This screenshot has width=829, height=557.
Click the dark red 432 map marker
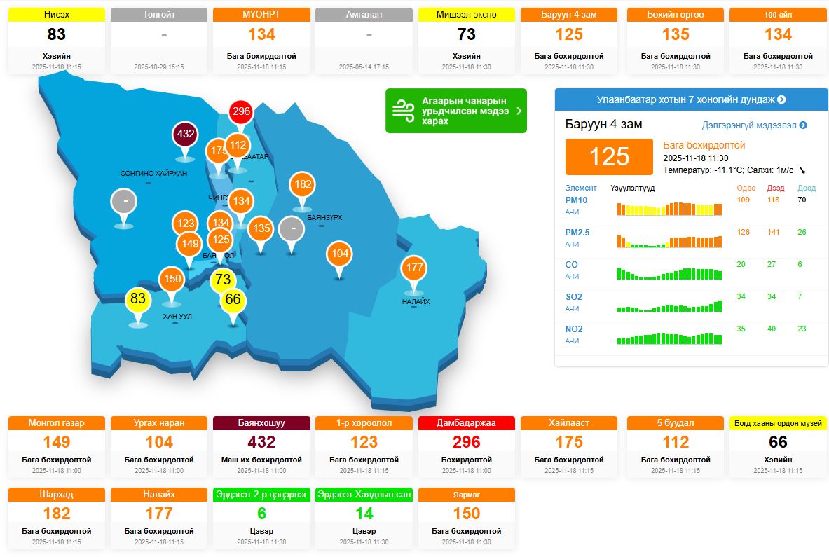pos(185,133)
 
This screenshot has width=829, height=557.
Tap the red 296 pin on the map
pos(240,111)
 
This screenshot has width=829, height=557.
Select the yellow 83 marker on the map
pos(138,299)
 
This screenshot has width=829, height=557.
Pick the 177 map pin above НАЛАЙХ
pos(414,267)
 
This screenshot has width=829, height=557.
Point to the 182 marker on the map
pos(302,184)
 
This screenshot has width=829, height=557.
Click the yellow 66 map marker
pos(233,299)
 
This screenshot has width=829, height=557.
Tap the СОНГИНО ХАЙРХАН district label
pos(153,174)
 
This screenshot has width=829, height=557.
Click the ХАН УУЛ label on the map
pos(177,317)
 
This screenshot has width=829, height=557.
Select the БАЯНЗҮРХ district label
pos(324,218)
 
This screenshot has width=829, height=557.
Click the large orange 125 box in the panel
pos(609,156)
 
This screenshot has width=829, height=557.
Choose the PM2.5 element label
pos(577,233)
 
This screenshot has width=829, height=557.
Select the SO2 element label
pos(573,297)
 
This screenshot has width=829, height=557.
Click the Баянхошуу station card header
pos(261,423)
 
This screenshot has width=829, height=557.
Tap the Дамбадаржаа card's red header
pos(466,423)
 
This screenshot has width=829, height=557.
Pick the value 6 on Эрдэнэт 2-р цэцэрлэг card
pos(261,514)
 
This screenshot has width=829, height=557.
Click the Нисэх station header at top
pos(57,15)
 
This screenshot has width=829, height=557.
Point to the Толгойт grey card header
pos(159,15)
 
